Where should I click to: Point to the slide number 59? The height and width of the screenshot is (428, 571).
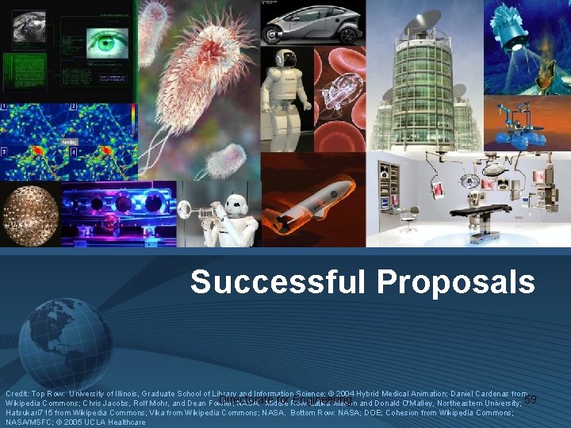pos(531,399)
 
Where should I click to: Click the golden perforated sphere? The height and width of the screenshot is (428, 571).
pos(29,215)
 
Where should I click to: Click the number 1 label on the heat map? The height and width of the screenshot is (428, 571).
pos(5,106)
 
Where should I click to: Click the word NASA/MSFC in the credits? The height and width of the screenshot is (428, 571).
pos(25,422)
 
